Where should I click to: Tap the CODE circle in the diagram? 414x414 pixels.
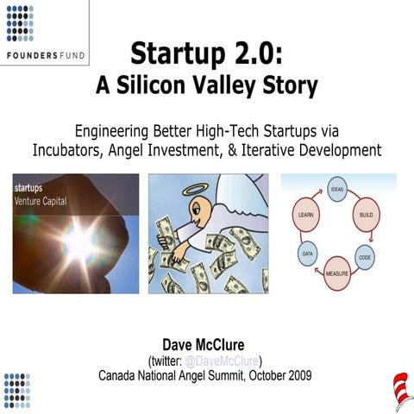click(365, 257)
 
